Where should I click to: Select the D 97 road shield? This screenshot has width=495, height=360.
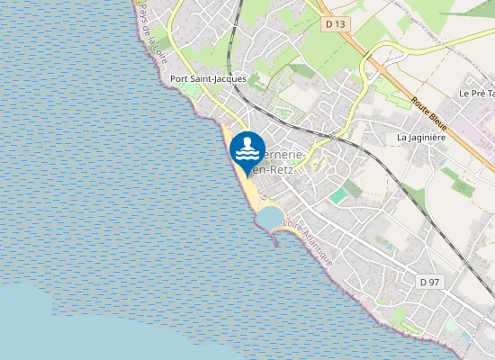(x=429, y=282)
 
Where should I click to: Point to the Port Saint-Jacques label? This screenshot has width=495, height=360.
(x=208, y=79)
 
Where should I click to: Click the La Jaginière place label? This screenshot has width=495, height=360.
(x=422, y=137)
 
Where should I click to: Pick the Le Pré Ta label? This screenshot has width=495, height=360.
(x=475, y=93)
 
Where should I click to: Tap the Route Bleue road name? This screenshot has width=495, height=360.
(x=431, y=114)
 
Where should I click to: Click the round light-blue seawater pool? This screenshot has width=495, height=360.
(x=269, y=216)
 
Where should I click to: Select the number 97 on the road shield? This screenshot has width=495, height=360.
(x=435, y=282)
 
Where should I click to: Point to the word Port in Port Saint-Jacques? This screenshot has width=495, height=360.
(x=180, y=79)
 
